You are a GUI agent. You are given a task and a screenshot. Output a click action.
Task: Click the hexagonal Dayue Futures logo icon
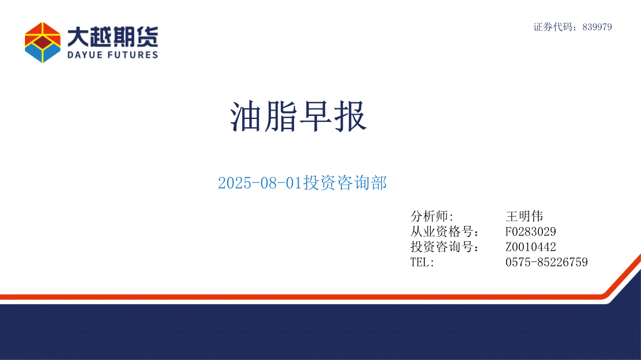pyautogui.click(x=43, y=43)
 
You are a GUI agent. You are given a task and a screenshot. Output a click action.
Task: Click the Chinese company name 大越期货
pyautogui.click(x=112, y=37)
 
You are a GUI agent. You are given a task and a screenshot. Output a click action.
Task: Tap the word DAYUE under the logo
pyautogui.click(x=85, y=55)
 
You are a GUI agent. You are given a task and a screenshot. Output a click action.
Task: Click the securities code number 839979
pyautogui.click(x=597, y=27)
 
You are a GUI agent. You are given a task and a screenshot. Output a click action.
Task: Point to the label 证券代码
pyautogui.click(x=553, y=27)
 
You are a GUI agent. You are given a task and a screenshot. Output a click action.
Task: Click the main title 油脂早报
pyautogui.click(x=298, y=116)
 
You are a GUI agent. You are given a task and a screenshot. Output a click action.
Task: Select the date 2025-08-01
pyautogui.click(x=260, y=183)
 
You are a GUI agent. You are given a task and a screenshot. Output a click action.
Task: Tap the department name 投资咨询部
pyautogui.click(x=345, y=183)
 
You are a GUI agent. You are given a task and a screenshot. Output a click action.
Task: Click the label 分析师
pyautogui.click(x=429, y=216)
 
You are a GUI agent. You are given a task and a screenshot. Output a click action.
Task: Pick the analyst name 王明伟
pyautogui.click(x=524, y=216)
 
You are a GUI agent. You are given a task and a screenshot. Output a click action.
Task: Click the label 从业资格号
pyautogui.click(x=442, y=232)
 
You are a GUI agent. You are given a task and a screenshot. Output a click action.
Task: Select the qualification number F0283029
pyautogui.click(x=531, y=232)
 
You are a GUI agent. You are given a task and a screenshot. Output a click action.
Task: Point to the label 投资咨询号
pyautogui.click(x=442, y=247)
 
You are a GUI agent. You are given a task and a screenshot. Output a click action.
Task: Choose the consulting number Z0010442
pyautogui.click(x=531, y=247)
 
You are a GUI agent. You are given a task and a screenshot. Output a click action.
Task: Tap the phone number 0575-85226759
pyautogui.click(x=546, y=262)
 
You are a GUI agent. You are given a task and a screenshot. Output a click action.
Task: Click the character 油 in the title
pyautogui.click(x=246, y=116)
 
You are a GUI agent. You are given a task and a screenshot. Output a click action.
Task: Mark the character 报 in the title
pyautogui.click(x=351, y=116)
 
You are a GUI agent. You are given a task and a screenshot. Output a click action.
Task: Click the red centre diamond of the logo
pyautogui.click(x=43, y=42)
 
